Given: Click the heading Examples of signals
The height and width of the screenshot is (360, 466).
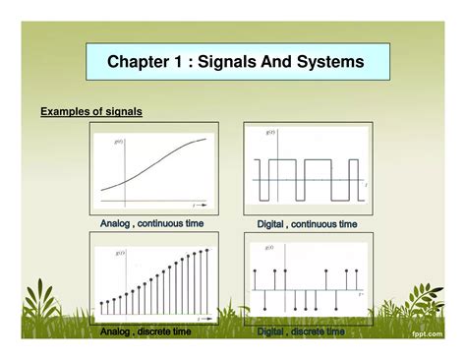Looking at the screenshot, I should [91, 112].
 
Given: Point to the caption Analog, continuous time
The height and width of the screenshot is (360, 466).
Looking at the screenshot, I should [152, 224].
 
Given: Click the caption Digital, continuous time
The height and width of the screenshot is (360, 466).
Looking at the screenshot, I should [308, 224].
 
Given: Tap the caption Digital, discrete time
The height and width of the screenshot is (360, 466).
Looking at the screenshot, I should [302, 332].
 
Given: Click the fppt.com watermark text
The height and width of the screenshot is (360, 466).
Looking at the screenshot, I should [437, 333].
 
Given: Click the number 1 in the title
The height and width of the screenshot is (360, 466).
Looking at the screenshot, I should [178, 63].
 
